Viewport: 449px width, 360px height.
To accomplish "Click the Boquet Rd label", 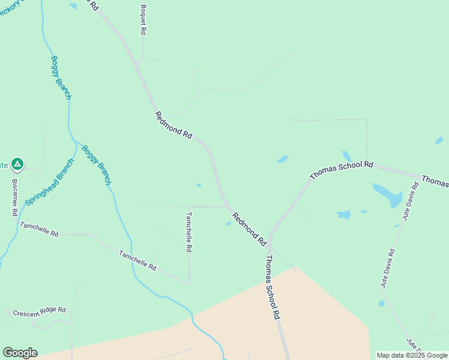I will click(143, 19).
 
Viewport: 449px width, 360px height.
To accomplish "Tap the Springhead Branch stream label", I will click(50, 182).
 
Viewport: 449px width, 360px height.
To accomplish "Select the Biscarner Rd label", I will click(14, 197).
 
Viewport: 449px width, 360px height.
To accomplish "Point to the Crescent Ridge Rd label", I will click(40, 311).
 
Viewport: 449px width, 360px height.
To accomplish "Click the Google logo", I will click(20, 353).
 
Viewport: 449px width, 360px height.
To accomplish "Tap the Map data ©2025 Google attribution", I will click(412, 355).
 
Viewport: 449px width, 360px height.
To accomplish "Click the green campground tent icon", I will click(18, 163).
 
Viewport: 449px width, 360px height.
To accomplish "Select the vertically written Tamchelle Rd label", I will click(188, 232).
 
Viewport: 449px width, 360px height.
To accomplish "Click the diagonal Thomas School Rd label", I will click(342, 170).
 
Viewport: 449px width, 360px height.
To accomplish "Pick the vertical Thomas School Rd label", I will click(273, 287).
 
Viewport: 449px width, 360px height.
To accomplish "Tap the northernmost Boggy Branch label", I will click(61, 77).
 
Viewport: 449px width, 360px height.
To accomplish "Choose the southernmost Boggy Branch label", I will click(96, 165).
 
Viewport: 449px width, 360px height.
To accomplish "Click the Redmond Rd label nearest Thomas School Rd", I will click(249, 229).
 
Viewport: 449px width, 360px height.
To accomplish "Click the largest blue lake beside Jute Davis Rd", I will click(387, 195).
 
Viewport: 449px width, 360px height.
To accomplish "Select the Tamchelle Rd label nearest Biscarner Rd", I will click(39, 229).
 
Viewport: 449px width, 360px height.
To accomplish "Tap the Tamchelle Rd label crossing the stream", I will click(137, 260).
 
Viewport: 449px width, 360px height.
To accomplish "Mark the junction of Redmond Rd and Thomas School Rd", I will click(270, 246).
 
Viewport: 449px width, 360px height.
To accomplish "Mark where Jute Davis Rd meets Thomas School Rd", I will click(418, 178).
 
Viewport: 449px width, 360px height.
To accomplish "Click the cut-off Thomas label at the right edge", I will click(435, 181).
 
